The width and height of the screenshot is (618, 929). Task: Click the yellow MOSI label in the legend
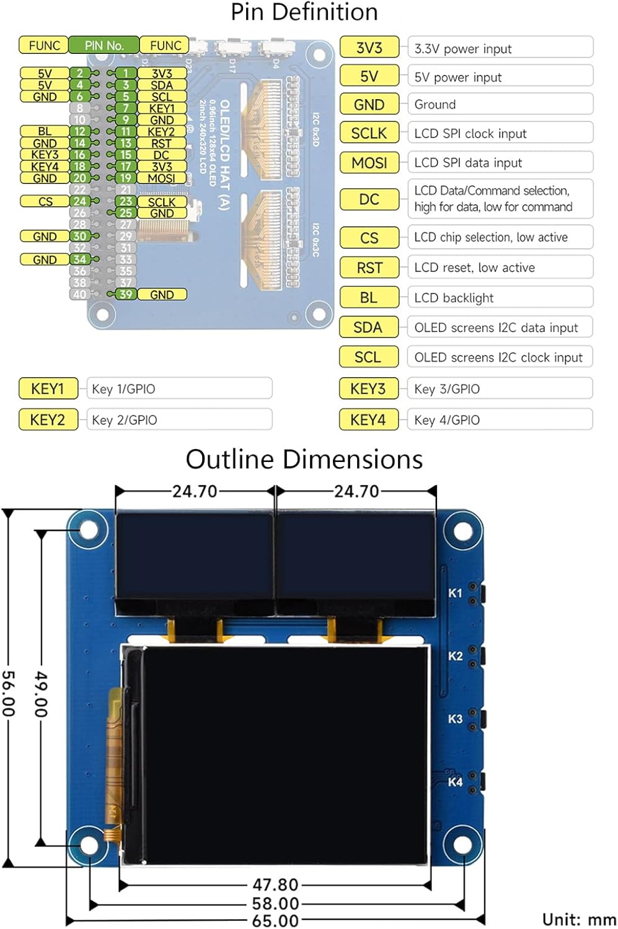coord(369,163)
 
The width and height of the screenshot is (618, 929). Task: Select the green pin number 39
coord(126,295)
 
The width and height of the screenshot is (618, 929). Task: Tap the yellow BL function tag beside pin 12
coord(45,131)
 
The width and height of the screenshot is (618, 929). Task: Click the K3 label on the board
coord(455,719)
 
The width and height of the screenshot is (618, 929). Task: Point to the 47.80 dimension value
coord(275,885)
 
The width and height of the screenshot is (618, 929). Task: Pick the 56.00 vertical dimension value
coord(8,693)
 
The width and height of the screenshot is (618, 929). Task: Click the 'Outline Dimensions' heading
coord(304,460)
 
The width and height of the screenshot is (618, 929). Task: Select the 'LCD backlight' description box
coord(500,298)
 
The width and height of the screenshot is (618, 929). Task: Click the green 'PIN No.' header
coord(104,45)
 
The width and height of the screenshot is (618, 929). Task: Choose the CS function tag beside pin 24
coord(45,201)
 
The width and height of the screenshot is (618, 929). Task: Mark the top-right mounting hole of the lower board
coord(463,531)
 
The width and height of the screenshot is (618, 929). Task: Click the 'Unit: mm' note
coord(578,919)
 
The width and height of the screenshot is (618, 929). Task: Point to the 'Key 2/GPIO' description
coord(179,420)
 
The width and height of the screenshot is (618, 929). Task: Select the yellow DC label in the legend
coord(369,199)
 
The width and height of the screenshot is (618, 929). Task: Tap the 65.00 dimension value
coord(275,920)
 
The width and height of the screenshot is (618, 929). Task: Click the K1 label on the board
coord(455,593)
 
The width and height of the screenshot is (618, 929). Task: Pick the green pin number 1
coord(126,73)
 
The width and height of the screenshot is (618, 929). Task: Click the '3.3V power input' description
coord(500,49)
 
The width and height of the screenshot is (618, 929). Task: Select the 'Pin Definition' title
coord(304,12)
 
